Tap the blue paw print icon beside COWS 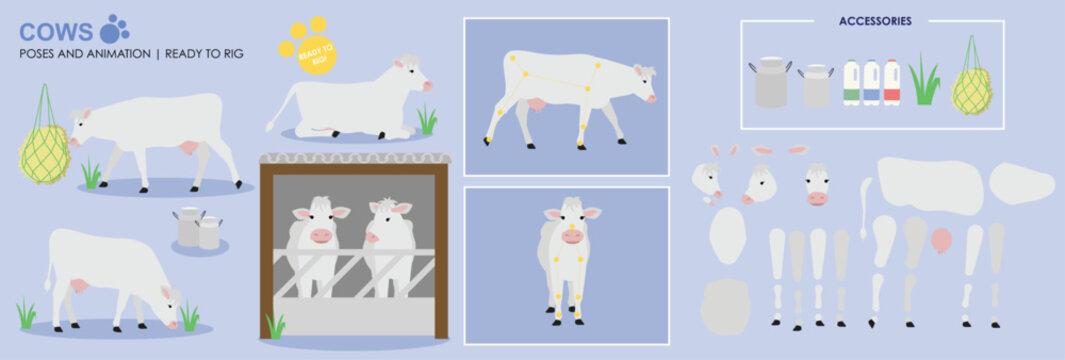[x=115, y=29]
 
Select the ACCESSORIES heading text [x=875, y=21]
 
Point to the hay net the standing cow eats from [x=44, y=152]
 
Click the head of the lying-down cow [x=411, y=75]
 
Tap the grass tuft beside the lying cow [x=427, y=121]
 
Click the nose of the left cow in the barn [x=321, y=236]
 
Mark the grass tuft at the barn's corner [x=274, y=326]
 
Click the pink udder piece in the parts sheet [x=941, y=241]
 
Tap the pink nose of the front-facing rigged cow [x=572, y=237]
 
